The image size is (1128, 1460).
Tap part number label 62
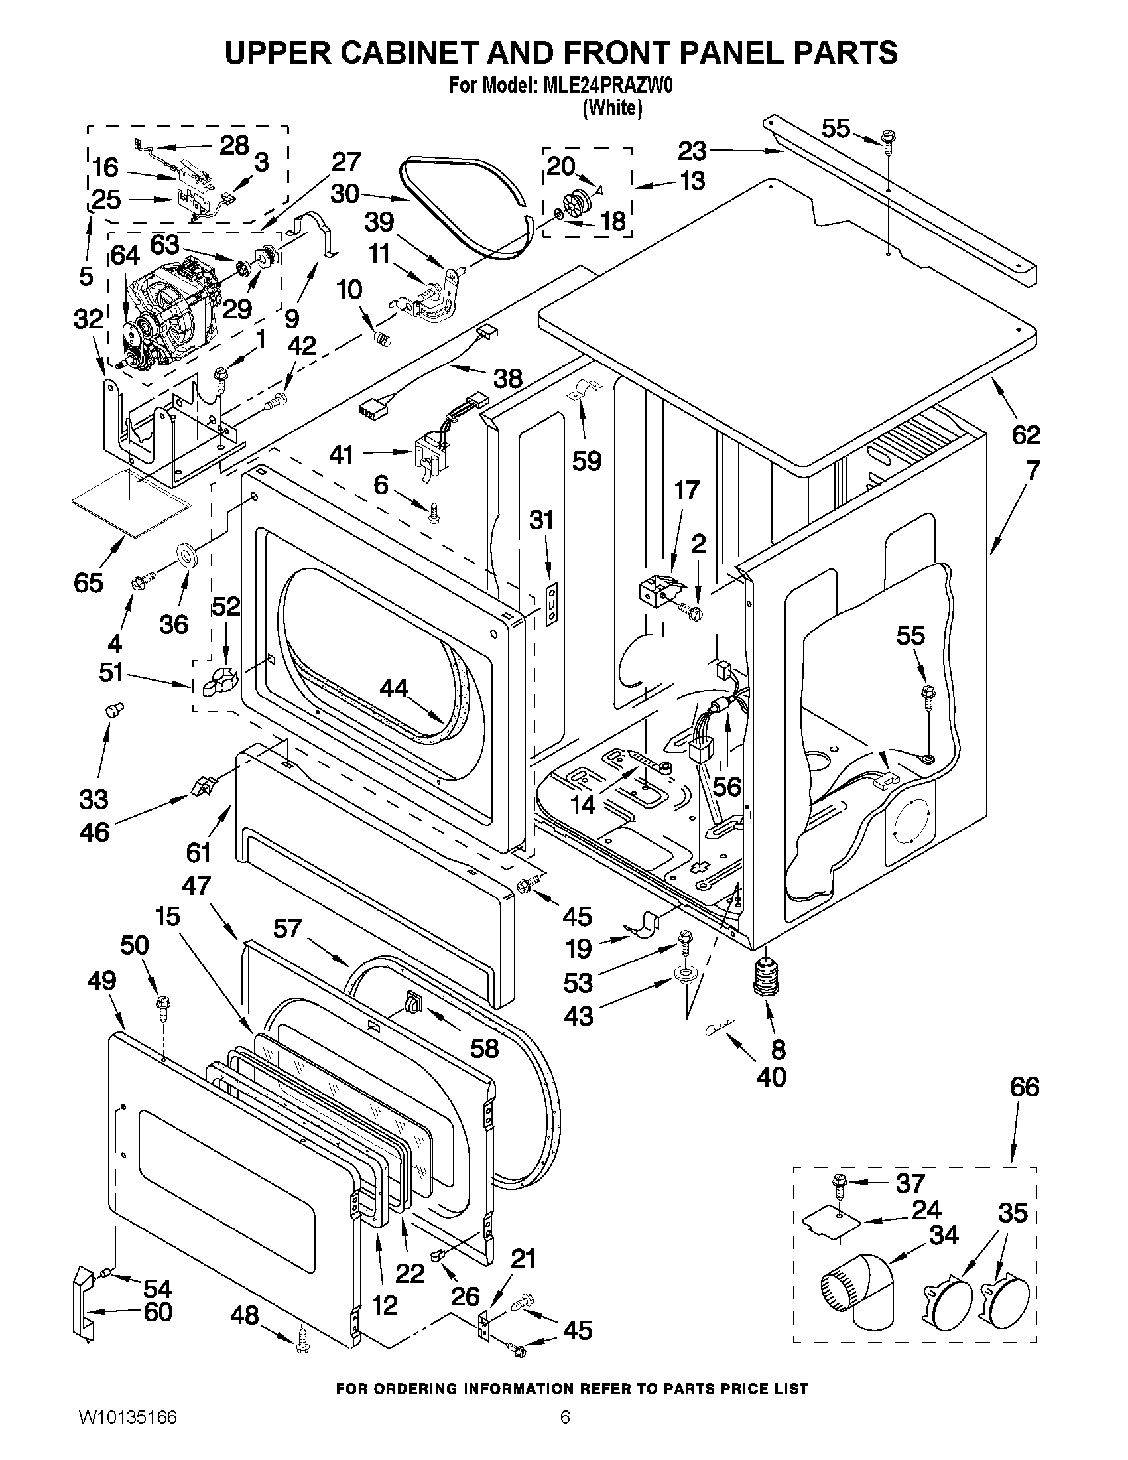click(x=1026, y=435)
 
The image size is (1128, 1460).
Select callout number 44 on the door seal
click(x=394, y=688)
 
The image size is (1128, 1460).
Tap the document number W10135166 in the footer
click(x=127, y=1435)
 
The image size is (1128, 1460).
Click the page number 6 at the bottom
click(x=565, y=1435)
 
